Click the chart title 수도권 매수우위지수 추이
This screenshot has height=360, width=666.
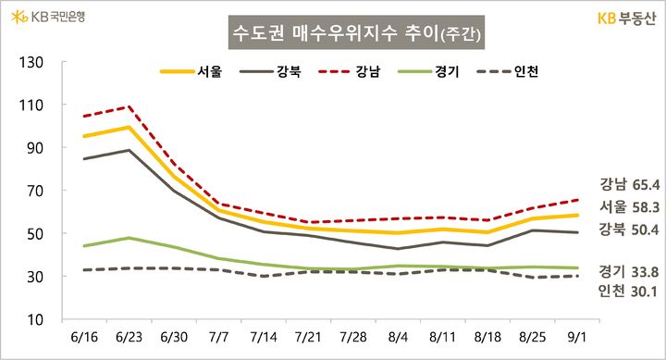[356, 34]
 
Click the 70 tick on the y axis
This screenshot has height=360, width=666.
[35, 191]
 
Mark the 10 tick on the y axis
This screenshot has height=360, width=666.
[35, 319]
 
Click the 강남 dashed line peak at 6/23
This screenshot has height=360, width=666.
[130, 106]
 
